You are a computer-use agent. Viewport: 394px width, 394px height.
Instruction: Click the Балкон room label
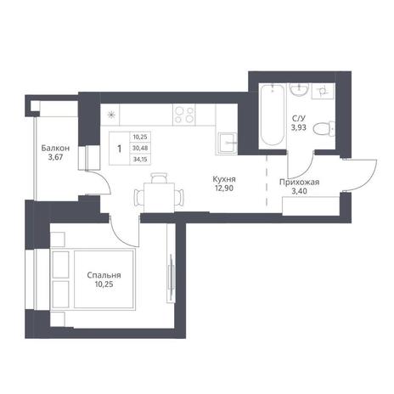pyautogui.click(x=55, y=148)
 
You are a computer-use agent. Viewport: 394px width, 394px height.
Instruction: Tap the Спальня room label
pyautogui.click(x=104, y=275)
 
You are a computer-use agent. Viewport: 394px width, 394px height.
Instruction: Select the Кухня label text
pyautogui.click(x=224, y=179)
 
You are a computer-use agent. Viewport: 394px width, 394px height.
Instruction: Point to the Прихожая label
pyautogui.click(x=300, y=183)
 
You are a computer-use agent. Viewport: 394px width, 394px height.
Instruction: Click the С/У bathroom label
pyautogui.click(x=299, y=118)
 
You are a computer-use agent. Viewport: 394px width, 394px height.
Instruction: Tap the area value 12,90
pyautogui.click(x=224, y=188)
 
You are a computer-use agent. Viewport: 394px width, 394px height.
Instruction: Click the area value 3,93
pyautogui.click(x=299, y=127)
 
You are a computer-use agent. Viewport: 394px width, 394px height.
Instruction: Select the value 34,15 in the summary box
pyautogui.click(x=140, y=160)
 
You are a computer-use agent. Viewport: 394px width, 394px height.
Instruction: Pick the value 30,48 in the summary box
pyautogui.click(x=140, y=148)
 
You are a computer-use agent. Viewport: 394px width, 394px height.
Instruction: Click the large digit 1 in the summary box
pyautogui.click(x=120, y=149)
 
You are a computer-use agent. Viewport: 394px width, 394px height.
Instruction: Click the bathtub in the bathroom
pyautogui.click(x=272, y=115)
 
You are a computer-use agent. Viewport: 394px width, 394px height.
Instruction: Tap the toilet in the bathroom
pyautogui.click(x=324, y=129)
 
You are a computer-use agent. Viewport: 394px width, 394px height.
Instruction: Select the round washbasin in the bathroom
pyautogui.click(x=299, y=89)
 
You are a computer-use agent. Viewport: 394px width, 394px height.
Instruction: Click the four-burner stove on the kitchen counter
pyautogui.click(x=184, y=115)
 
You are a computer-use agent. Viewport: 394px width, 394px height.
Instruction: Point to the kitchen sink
pyautogui.click(x=226, y=143)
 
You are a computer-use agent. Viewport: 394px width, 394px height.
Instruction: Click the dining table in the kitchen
pyautogui.click(x=159, y=197)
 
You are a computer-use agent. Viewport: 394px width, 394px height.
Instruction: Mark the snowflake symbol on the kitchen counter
pyautogui.click(x=111, y=115)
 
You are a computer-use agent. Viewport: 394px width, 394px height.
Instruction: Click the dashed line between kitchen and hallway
pyautogui.click(x=267, y=181)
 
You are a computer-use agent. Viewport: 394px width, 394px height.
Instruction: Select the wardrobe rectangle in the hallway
pyautogui.click(x=311, y=206)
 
